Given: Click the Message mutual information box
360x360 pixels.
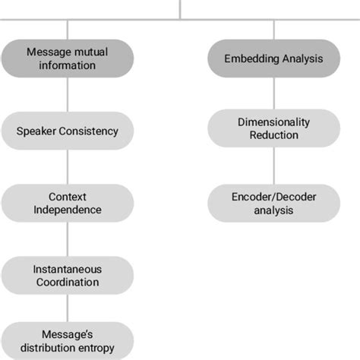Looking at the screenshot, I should click(68, 58).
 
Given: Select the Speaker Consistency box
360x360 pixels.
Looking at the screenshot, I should click(68, 131).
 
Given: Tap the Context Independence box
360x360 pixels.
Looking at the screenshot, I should click(68, 203).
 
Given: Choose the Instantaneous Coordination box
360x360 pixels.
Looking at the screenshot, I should click(68, 275).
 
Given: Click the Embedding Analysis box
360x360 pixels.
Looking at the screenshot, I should click(274, 58).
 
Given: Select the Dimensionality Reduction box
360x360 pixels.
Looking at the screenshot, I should click(274, 128).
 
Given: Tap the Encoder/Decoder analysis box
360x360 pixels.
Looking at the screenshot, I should click(274, 203).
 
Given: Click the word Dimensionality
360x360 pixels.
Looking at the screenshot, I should click(274, 121).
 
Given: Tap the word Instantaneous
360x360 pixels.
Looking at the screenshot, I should click(68, 268).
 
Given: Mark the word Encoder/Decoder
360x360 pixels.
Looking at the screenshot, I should click(274, 196).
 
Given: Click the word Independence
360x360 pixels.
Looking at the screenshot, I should click(68, 210).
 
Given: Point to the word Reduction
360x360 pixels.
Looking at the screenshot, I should click(274, 135).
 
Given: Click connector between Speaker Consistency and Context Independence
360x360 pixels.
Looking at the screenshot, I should click(68, 166).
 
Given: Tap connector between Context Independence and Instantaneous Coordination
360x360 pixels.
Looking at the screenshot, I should click(68, 238).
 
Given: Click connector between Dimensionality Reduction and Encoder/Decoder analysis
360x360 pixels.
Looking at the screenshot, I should click(274, 165).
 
